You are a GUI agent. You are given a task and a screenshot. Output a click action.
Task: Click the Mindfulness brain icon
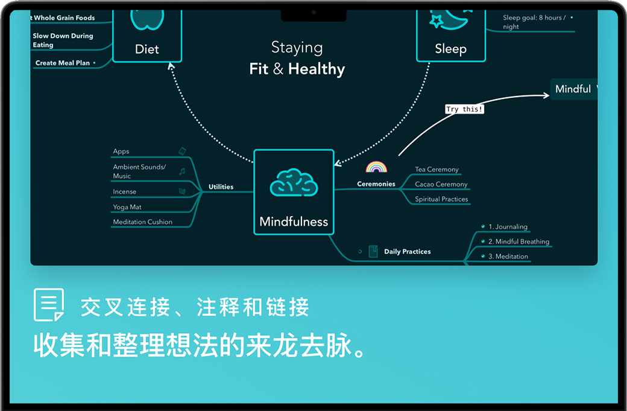point(294,182)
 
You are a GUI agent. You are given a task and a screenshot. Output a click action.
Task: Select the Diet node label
point(147,49)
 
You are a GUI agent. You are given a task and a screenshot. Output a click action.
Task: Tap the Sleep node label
point(450,49)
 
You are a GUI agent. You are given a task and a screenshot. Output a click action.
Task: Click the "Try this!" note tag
point(464,109)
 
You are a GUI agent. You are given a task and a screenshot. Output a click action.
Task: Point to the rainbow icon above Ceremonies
point(376,167)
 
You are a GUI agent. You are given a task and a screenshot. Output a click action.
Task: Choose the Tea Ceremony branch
point(436,170)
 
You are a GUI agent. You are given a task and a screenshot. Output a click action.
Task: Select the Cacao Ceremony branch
point(441,184)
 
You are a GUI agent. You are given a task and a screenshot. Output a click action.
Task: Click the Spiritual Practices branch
point(441,199)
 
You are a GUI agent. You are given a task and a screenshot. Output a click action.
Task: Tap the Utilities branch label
point(221,186)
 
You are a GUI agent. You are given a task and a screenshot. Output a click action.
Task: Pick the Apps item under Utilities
point(121,151)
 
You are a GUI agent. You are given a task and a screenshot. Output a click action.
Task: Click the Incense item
point(125,191)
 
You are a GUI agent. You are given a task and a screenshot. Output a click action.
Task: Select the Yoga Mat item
point(127,207)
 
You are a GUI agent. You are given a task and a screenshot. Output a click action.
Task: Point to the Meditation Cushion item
point(142,222)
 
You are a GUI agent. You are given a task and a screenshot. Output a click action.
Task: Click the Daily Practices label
point(408,252)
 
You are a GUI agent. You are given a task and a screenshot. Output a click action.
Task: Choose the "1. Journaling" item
point(508,227)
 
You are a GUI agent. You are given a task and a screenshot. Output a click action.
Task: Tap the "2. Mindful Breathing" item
point(518,241)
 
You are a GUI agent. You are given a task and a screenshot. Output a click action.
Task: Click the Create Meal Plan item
point(62,63)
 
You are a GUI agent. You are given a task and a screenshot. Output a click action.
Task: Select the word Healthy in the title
point(317,69)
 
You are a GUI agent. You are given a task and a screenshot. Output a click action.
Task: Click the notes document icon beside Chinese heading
point(49,305)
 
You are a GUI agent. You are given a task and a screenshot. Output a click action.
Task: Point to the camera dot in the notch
point(313,12)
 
